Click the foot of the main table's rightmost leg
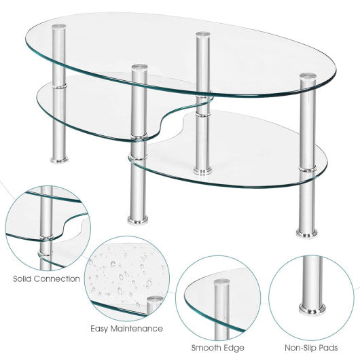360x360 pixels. [302, 227]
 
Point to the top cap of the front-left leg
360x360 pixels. [139, 68]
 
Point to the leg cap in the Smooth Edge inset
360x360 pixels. [221, 280]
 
